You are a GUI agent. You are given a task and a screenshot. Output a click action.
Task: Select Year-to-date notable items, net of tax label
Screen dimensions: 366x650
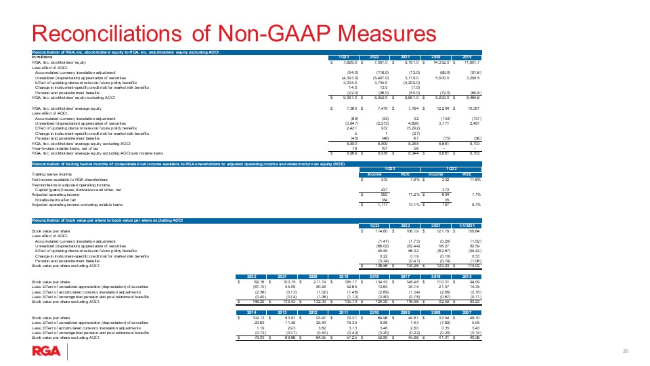pyautogui.click(x=74, y=148)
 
